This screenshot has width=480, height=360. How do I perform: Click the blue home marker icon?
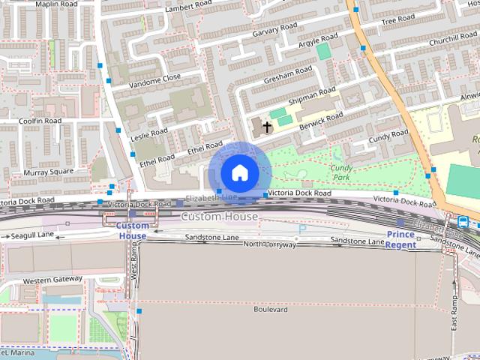click(x=239, y=172)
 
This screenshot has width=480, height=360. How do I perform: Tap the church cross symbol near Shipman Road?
click(x=267, y=128)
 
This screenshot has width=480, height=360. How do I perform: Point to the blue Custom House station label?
click(x=133, y=231)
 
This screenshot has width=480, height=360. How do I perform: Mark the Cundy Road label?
click(x=388, y=137)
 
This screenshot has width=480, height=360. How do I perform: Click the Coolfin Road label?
click(x=40, y=120)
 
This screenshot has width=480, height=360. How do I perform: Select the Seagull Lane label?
click(x=32, y=236)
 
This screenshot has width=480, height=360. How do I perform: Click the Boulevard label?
click(x=271, y=309)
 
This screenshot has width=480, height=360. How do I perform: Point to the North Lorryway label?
click(x=270, y=244)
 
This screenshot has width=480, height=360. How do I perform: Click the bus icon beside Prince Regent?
click(x=463, y=222)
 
